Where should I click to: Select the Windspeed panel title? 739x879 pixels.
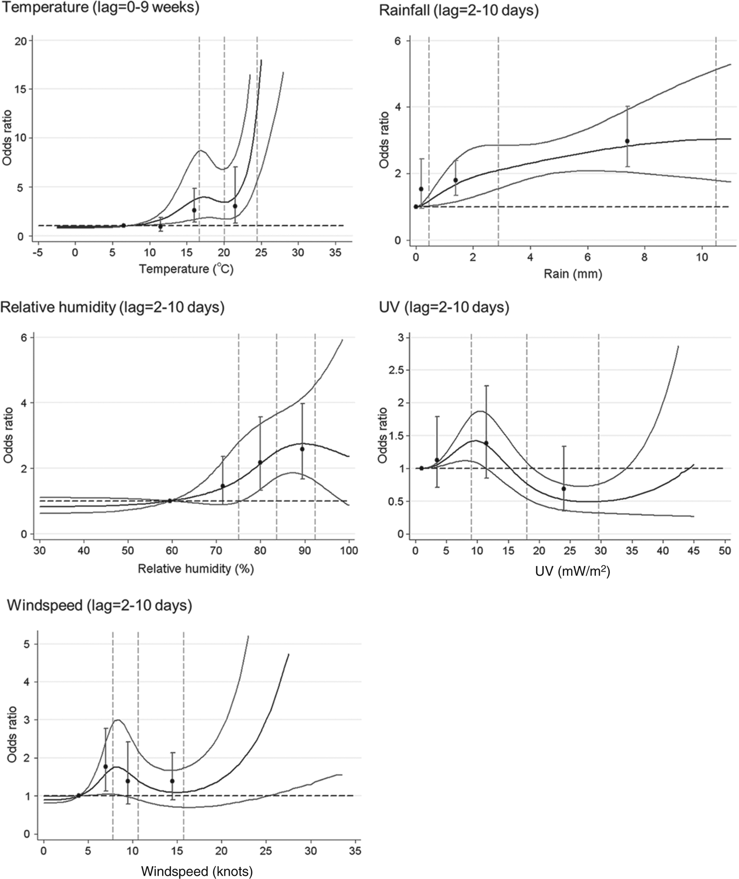tap(100, 605)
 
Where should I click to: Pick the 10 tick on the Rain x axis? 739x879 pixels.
tap(702, 258)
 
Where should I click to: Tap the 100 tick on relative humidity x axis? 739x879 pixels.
tap(349, 551)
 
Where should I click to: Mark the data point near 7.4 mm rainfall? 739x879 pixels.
tap(627, 141)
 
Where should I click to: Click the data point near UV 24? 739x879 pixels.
tap(564, 488)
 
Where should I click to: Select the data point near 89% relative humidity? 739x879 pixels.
tap(302, 449)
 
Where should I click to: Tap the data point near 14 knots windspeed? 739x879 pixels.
tap(172, 781)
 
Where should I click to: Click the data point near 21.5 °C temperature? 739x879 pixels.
tap(235, 206)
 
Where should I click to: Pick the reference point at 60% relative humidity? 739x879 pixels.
tap(170, 500)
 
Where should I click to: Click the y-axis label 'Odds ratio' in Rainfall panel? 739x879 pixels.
tap(384, 139)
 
